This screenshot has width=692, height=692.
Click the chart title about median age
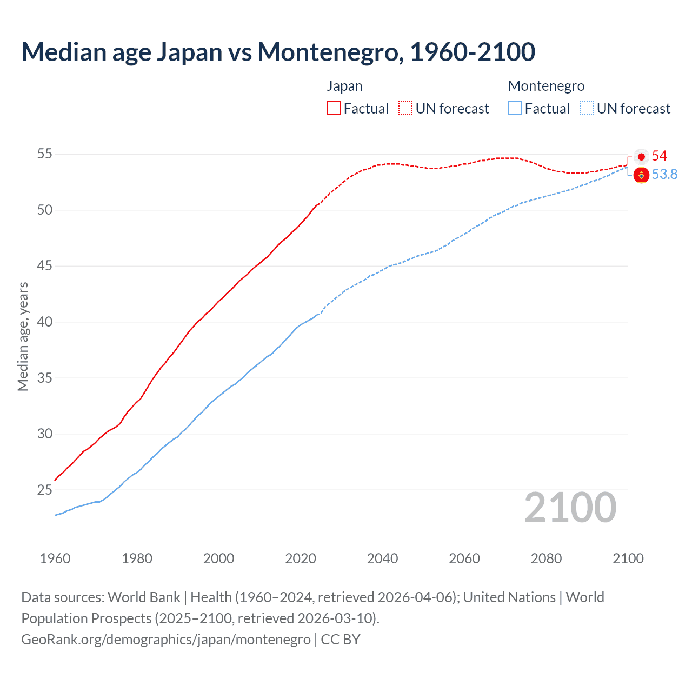coord(278,52)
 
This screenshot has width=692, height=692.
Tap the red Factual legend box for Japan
coord(334,108)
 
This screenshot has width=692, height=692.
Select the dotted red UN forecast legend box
coord(405,108)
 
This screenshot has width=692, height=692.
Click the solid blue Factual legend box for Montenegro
coord(515,108)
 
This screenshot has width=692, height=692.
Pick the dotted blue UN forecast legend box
coord(587,108)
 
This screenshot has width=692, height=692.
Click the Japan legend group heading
coord(344,86)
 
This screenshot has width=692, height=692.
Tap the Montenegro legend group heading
coord(546,86)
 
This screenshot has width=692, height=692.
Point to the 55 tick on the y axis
coord(45,154)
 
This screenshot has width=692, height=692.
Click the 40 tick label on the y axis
coord(45,322)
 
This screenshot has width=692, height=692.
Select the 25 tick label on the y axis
coord(45,490)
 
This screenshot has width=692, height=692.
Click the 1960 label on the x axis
coord(55,558)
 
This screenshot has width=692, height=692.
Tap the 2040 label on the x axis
coord(382,558)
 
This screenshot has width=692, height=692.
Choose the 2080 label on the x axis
coord(546,558)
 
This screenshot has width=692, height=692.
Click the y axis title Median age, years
coord(23,336)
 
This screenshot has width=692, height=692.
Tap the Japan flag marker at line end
coord(641,157)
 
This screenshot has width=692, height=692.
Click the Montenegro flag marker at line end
coord(641,175)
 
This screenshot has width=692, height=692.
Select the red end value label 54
coord(659,156)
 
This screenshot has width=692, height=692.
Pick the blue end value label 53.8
coord(664,174)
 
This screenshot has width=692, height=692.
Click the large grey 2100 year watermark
coord(570,508)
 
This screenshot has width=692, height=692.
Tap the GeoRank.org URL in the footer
coord(166,639)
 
